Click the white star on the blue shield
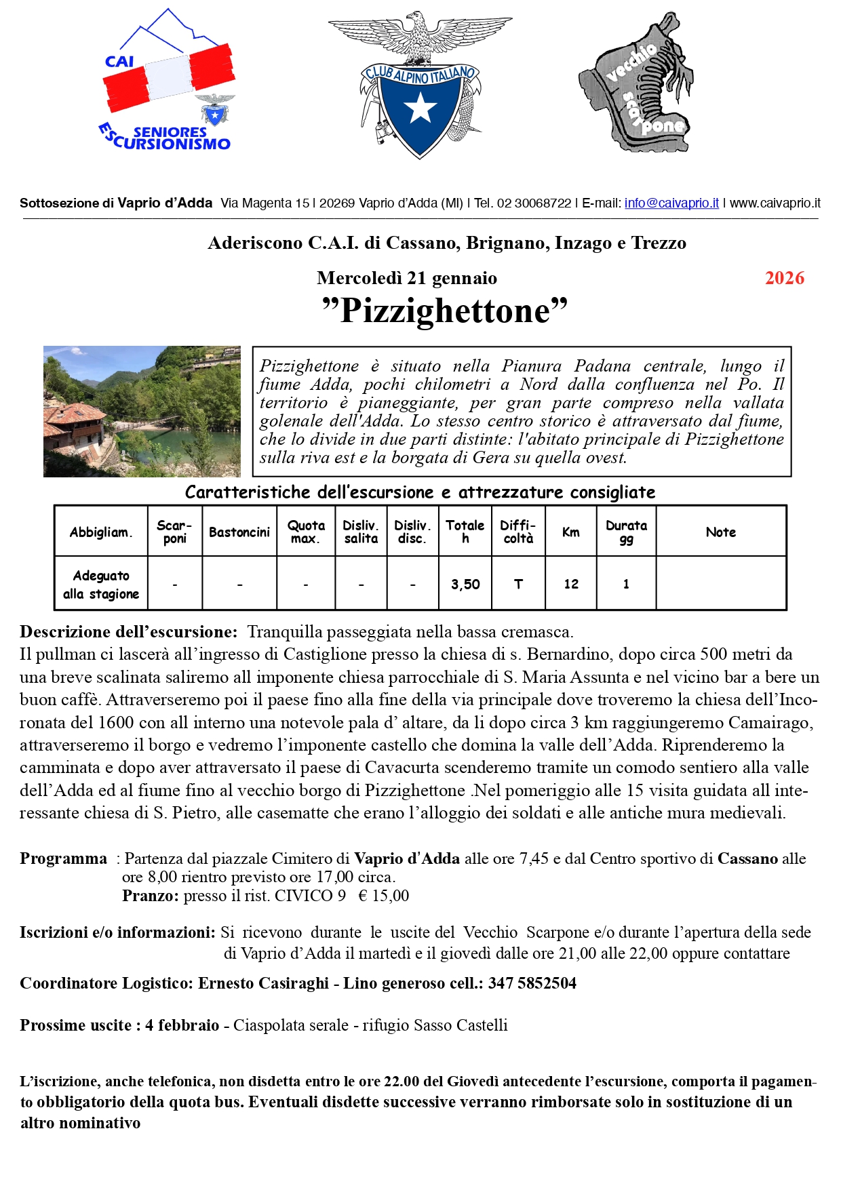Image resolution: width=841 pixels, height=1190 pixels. click(x=420, y=107)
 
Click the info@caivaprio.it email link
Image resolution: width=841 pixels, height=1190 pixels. click(x=671, y=203)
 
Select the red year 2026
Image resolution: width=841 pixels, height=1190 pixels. click(x=784, y=278)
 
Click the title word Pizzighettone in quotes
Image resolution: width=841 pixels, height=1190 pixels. click(x=444, y=311)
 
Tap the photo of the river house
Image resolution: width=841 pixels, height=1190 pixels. click(x=142, y=411)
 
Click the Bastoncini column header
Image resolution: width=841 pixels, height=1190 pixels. click(x=239, y=532)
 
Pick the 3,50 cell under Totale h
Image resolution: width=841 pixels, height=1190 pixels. click(x=465, y=584)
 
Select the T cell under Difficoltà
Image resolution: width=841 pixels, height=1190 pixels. click(x=518, y=584)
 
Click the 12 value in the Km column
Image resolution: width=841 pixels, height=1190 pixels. click(x=571, y=584)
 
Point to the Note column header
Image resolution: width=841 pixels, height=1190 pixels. click(x=720, y=532)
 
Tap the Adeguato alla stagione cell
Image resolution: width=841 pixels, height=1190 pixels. click(x=101, y=584)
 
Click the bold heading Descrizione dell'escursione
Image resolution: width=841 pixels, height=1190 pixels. click(x=129, y=632)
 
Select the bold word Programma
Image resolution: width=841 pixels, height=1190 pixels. click(x=63, y=858)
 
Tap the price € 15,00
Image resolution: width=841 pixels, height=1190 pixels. click(x=384, y=896)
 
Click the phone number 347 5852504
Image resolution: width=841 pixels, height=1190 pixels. click(x=532, y=983)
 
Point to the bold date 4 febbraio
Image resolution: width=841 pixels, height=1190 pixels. click(x=182, y=1025)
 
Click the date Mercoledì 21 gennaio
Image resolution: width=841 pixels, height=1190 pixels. click(x=407, y=278)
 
